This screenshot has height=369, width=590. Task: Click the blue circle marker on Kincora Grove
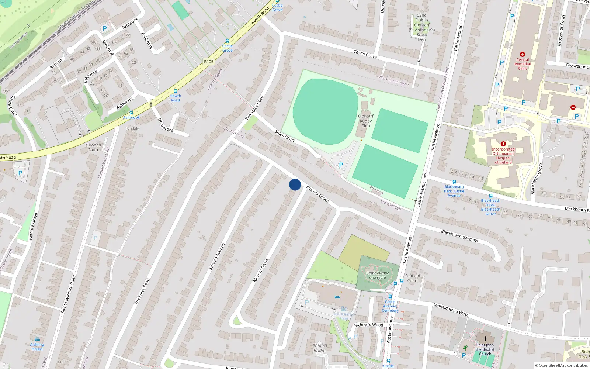(x=295, y=184)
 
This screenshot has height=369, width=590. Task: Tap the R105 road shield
(x=209, y=62)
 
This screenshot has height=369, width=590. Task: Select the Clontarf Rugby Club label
(x=365, y=121)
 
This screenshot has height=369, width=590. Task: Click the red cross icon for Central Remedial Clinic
(x=523, y=54)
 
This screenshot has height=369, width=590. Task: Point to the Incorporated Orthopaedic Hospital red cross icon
(x=503, y=144)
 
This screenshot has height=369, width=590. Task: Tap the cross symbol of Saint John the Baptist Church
(x=485, y=338)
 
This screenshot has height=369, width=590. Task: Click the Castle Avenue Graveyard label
(x=378, y=275)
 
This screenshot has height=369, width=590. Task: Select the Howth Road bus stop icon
(x=176, y=91)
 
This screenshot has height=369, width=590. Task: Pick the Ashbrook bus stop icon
(x=131, y=113)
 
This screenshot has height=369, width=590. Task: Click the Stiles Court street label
(x=285, y=136)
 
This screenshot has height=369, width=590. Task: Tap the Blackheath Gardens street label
(x=459, y=236)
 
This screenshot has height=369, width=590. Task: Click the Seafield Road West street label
(x=450, y=309)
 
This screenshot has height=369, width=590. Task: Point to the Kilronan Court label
(x=93, y=147)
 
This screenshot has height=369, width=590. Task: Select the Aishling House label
(x=37, y=346)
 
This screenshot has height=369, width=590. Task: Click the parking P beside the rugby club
(x=341, y=165)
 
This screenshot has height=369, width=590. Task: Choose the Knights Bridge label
(x=320, y=348)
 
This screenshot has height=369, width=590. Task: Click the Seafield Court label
(x=413, y=278)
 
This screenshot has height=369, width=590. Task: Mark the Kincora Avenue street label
(x=217, y=256)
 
